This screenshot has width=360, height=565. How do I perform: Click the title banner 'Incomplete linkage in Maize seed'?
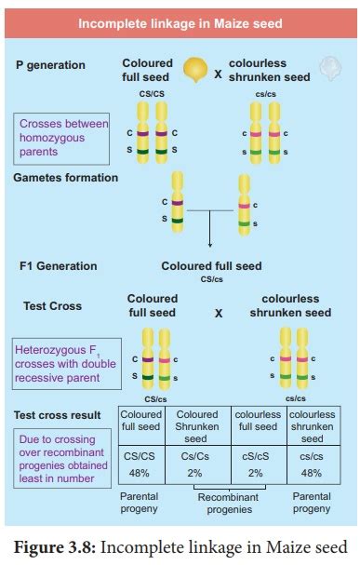[x=179, y=21]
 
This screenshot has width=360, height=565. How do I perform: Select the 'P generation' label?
[x=50, y=65]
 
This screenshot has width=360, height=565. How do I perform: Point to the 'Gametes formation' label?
[x=66, y=177]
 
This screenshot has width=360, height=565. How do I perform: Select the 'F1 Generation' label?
[x=58, y=266]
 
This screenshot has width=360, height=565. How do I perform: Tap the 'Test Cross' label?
[x=52, y=304]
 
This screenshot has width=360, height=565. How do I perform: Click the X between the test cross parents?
[x=219, y=314]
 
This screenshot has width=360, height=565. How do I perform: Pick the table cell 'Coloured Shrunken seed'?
[x=197, y=426]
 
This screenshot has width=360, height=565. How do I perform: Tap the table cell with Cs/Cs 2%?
[x=197, y=465]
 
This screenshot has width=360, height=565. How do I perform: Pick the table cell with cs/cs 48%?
[x=313, y=465]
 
